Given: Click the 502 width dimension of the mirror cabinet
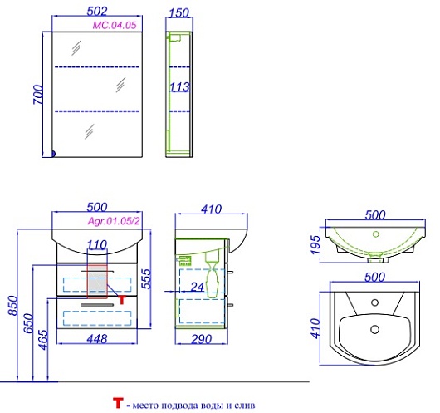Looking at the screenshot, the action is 97,12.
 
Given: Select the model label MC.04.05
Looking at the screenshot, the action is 115,25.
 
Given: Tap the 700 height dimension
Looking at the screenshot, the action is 38,95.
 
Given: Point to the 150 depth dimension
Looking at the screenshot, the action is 179,13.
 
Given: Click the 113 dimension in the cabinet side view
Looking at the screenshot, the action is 180,87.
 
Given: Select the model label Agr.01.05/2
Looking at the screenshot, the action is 114,221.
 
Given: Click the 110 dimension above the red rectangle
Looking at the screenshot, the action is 97,245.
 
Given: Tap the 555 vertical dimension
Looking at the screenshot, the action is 146,278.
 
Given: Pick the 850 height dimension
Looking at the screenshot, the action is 13,306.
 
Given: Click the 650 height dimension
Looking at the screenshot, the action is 28,323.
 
